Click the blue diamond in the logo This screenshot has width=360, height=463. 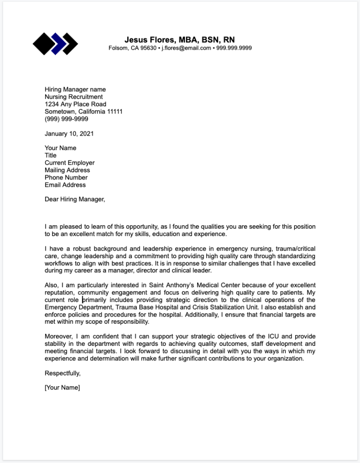(57, 44)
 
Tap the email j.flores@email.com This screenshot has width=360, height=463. (186, 48)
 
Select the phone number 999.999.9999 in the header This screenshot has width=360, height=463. (234, 48)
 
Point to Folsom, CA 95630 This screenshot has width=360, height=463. (133, 48)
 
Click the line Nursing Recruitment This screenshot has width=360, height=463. (74, 97)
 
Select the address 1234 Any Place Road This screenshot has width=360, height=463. (76, 104)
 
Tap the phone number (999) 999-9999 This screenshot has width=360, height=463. (66, 119)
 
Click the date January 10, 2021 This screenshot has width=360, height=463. (69, 133)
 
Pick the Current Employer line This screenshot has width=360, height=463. (70, 163)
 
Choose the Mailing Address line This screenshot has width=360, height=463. (67, 170)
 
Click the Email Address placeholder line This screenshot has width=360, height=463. (65, 184)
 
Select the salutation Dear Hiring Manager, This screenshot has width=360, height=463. (75, 199)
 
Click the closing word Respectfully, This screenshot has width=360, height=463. (63, 373)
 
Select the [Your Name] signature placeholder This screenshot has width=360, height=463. (62, 387)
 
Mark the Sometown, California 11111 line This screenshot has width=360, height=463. (84, 111)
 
